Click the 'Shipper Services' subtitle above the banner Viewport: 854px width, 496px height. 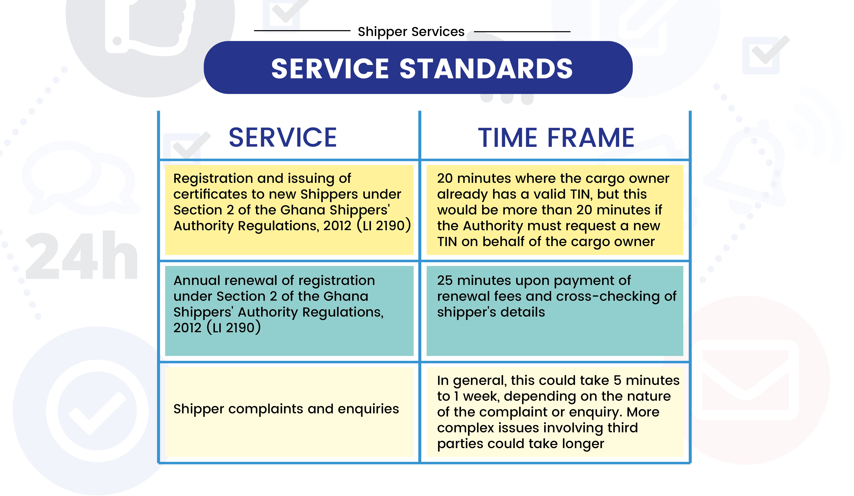(411, 32)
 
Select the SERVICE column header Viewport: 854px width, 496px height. (283, 137)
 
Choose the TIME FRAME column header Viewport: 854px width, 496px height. (556, 137)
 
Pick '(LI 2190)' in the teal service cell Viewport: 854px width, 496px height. (234, 328)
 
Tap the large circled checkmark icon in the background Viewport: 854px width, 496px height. (97, 411)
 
